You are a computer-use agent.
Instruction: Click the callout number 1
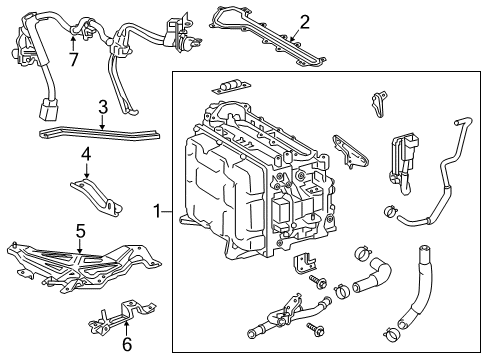point(155,211)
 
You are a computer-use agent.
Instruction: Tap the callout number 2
point(304,20)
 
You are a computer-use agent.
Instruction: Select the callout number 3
point(102,107)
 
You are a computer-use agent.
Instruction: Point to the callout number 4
point(86,154)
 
